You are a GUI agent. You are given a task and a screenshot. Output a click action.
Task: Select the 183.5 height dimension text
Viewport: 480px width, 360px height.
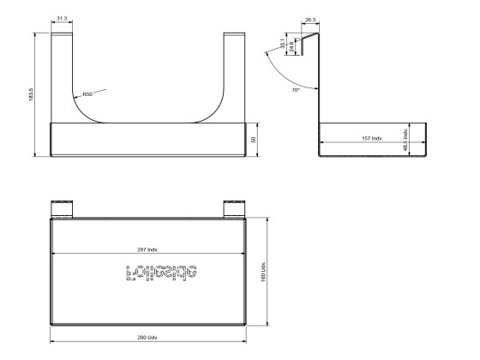(29, 94)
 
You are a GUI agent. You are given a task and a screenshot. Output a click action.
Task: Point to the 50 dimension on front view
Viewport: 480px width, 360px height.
(253, 139)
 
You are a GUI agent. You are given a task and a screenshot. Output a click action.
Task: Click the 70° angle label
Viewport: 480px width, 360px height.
(296, 89)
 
